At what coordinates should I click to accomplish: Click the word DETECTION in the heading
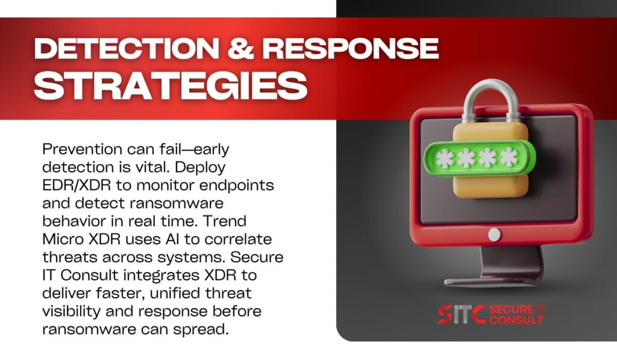click(x=127, y=49)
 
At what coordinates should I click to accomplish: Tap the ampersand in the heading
click(x=240, y=49)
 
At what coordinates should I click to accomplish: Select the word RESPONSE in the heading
click(x=350, y=49)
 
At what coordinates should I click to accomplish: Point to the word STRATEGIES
click(x=171, y=86)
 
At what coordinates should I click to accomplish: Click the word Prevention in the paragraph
click(x=82, y=150)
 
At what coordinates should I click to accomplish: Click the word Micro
click(x=63, y=239)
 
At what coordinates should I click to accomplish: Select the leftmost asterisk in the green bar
click(x=445, y=159)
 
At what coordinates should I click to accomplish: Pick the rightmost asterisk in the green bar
click(x=509, y=157)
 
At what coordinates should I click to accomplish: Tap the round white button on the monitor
click(x=495, y=235)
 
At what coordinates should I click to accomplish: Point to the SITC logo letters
click(x=462, y=314)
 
